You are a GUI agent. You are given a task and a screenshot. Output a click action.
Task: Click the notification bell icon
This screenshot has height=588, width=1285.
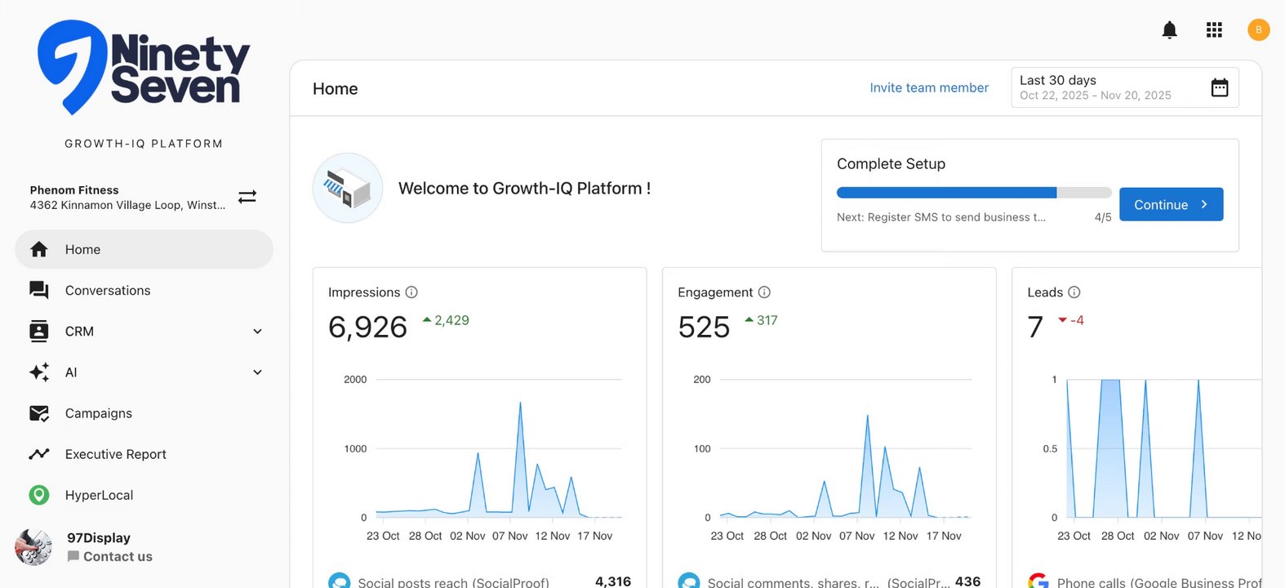pos(1169,30)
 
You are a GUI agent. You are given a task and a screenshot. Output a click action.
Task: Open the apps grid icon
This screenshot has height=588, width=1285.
pos(1214,30)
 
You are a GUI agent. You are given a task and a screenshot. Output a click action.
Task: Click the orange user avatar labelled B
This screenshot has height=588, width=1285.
pos(1258,30)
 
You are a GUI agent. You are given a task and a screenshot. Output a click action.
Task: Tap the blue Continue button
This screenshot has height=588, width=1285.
pos(1171,205)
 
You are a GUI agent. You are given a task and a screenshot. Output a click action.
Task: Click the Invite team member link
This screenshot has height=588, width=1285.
pos(928,88)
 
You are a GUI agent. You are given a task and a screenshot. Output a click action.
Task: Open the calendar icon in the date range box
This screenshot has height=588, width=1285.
pos(1219,88)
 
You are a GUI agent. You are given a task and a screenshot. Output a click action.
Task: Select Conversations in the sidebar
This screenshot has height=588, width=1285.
pos(108,291)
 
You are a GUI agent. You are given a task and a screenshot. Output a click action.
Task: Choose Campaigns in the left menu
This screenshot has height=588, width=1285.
pos(99,413)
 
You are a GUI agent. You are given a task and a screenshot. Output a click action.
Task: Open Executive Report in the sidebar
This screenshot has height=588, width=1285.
pos(115,454)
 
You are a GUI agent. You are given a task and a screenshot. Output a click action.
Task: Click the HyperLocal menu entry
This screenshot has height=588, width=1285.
pos(99,495)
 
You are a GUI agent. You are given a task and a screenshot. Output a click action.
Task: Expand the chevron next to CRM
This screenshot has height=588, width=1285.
pos(257,332)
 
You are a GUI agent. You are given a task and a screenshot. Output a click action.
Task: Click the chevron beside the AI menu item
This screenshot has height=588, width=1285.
pos(257,372)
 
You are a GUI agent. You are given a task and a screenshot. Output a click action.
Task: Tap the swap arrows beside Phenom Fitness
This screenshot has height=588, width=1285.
pos(247,197)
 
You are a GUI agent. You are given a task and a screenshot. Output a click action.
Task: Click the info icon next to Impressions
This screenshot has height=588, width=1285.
pos(411,292)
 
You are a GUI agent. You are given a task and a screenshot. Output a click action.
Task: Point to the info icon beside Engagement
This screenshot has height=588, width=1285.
pos(764,292)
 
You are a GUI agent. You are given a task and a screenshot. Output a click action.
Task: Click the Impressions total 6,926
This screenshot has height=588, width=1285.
pos(367,327)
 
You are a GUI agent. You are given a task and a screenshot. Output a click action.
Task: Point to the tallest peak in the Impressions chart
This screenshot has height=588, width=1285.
pos(520,403)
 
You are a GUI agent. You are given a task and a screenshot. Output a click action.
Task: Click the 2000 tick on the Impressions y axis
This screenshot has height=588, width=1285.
pos(355,380)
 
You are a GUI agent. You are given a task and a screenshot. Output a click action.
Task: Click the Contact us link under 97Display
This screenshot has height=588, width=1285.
pos(117,557)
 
